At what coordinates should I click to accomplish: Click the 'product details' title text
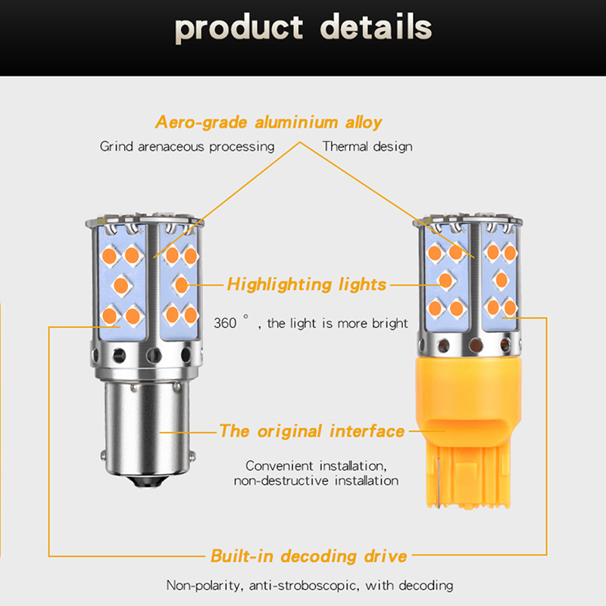pos(303,28)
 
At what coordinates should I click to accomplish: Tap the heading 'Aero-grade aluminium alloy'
pos(269,122)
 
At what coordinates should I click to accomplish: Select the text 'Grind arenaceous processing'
pos(187,146)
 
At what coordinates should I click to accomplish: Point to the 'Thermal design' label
pos(367,146)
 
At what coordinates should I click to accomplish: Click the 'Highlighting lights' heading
pos(307,285)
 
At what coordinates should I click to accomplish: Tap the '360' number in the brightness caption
pos(225,323)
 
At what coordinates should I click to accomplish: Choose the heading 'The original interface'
pos(311,431)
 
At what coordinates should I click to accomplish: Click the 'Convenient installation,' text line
pos(317,465)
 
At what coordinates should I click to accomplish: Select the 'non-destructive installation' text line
pos(316,480)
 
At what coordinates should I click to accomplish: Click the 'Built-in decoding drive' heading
pos(308,557)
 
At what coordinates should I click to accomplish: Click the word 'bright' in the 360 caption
pos(389,323)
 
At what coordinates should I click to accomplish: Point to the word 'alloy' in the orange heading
pos(361,122)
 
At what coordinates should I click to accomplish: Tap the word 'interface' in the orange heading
pos(367,431)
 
